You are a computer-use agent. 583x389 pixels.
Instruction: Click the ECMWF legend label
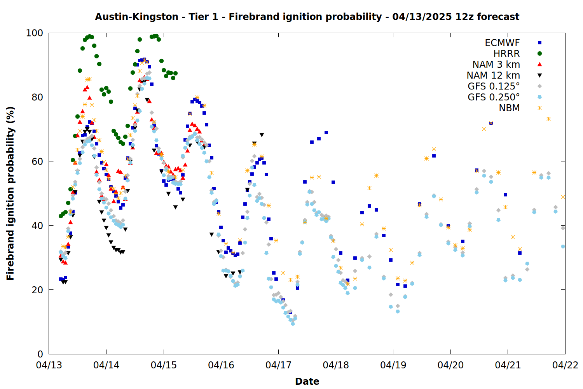(x=502, y=43)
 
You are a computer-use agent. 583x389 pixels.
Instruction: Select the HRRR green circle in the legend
(x=539, y=54)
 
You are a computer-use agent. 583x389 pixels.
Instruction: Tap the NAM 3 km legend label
(x=496, y=64)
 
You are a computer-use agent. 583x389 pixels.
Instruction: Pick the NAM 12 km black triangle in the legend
(x=539, y=75)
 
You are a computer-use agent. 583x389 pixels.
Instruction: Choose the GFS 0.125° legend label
(x=494, y=86)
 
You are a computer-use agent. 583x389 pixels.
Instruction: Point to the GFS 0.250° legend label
(x=494, y=97)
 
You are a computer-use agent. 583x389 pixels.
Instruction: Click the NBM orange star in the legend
(x=539, y=108)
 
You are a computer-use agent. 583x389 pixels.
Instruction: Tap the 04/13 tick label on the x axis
(x=49, y=365)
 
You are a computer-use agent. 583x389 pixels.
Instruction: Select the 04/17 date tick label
(x=279, y=365)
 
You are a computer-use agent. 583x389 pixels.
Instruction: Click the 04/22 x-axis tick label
(x=565, y=365)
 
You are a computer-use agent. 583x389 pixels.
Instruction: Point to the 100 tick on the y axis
(x=34, y=33)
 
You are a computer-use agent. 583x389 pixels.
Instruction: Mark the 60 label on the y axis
(x=37, y=161)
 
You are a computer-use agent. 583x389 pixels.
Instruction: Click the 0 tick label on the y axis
(x=40, y=354)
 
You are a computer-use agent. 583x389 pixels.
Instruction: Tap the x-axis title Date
(x=307, y=382)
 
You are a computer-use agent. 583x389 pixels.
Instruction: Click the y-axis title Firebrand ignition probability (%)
(x=10, y=193)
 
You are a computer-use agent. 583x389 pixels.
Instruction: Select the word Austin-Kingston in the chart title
(x=137, y=17)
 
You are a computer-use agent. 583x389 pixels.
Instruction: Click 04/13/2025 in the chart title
(x=422, y=17)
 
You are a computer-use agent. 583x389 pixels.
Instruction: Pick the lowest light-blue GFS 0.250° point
(x=293, y=324)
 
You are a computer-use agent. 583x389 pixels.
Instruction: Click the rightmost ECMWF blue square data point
(x=520, y=253)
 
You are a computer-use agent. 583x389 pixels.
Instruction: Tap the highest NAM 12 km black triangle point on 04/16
(x=262, y=135)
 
